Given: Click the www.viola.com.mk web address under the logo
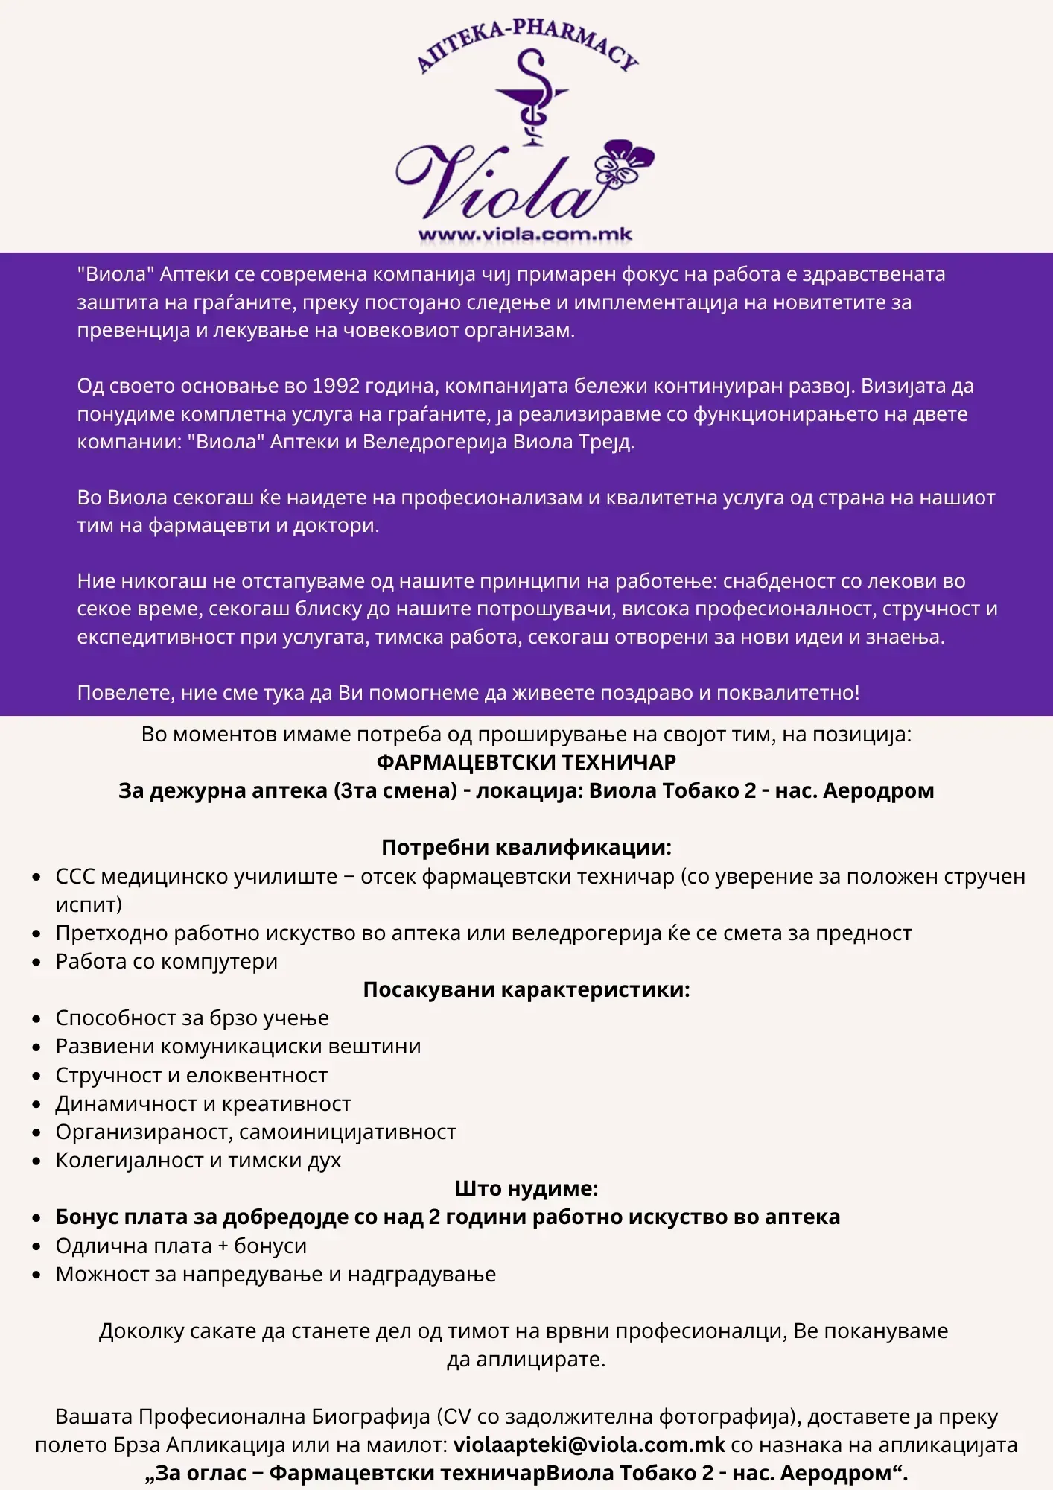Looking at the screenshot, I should coord(525,234).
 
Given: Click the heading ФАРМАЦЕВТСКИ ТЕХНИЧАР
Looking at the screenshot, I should coord(526,762).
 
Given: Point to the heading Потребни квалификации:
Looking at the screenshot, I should coord(526,847).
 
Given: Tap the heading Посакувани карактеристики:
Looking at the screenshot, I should coord(526,989).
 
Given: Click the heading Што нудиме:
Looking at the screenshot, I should coord(526,1188).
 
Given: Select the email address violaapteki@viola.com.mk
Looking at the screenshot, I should coord(589,1445).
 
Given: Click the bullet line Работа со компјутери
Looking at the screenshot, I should coord(167,961).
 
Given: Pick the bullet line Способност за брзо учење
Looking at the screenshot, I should coord(192,1018).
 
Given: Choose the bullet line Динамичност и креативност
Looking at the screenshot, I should coord(203,1103).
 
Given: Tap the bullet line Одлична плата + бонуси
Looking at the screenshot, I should coord(181,1246).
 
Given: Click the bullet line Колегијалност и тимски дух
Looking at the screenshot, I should coord(198,1160).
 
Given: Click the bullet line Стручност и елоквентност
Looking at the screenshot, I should coord(191,1075).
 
